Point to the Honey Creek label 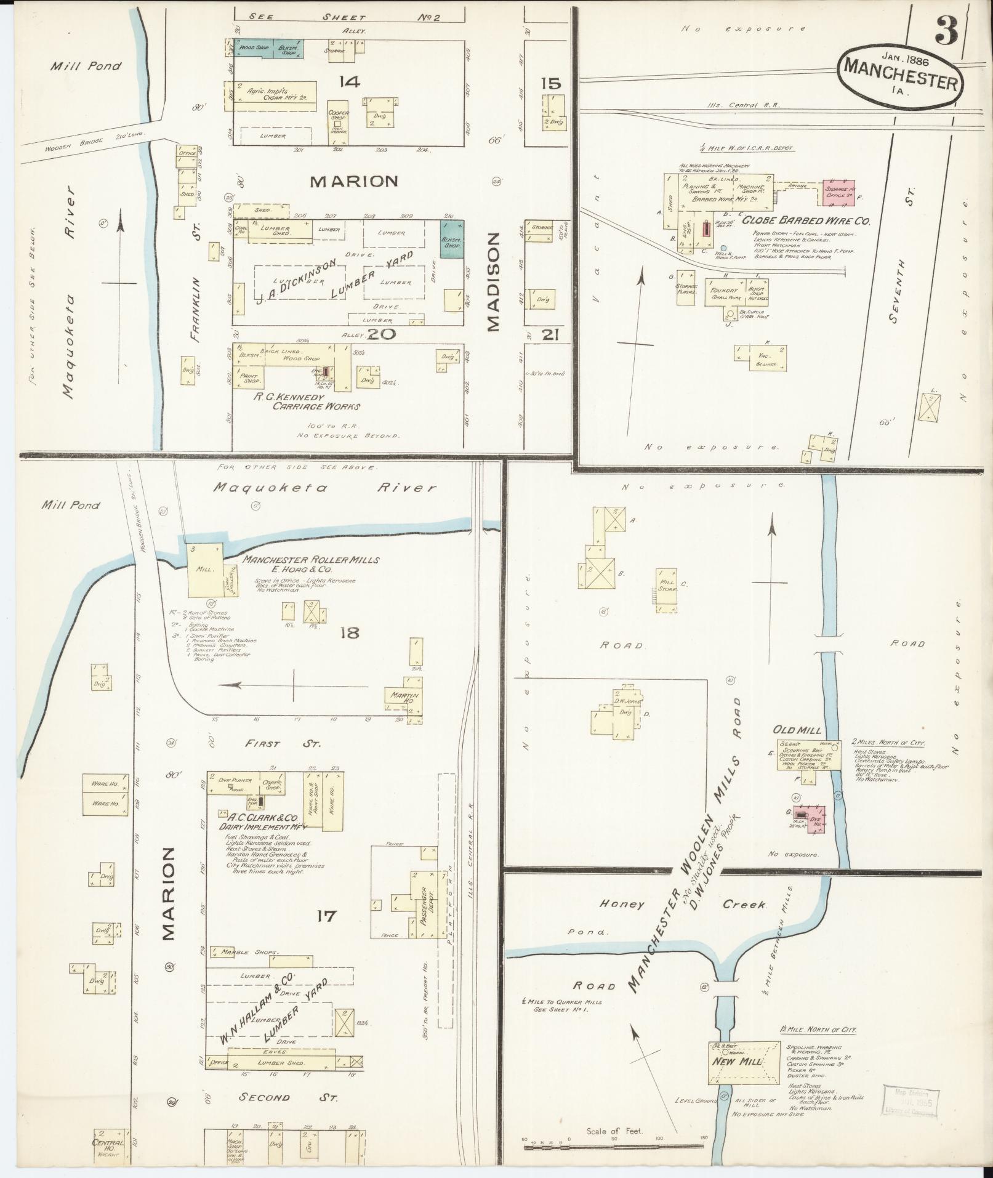683,905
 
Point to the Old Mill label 799,730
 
